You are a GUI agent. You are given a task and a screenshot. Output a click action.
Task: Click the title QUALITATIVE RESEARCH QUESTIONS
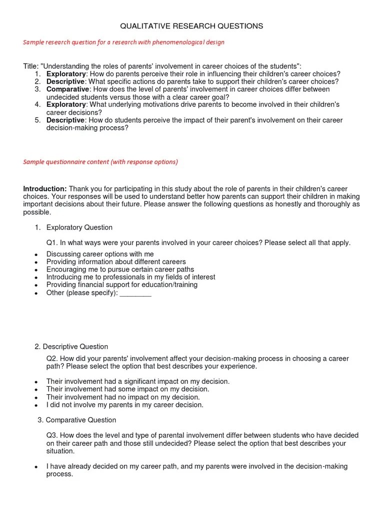tap(191, 26)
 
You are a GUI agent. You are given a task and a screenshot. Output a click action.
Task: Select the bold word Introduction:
tap(45, 189)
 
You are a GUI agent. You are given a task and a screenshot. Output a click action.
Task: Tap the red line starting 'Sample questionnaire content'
tap(100, 162)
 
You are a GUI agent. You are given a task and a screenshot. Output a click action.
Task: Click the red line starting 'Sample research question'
tap(123, 42)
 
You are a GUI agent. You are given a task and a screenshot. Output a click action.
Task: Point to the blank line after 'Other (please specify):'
tap(135, 293)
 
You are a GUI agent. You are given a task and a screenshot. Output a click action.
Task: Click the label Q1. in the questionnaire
tap(52, 243)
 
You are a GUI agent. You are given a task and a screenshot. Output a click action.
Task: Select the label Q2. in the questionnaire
tap(52, 359)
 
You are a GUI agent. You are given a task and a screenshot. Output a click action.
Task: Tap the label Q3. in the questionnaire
tap(52, 436)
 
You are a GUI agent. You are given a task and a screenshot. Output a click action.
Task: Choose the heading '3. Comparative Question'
tap(77, 420)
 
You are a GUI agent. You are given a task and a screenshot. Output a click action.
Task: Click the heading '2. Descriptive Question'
tap(71, 347)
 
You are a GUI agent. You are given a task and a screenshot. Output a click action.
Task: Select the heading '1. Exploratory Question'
tap(73, 227)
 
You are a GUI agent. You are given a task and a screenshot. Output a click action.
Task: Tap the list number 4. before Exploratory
tap(37, 105)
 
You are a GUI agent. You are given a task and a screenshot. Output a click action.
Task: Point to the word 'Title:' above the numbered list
tap(30, 67)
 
